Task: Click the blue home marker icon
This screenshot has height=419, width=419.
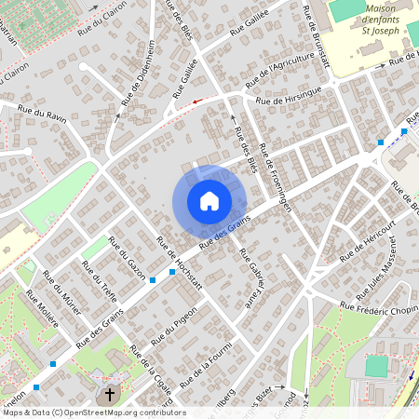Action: [209, 201]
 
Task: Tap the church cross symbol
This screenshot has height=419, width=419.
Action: [110, 394]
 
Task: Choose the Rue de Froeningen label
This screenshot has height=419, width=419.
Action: [277, 177]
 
